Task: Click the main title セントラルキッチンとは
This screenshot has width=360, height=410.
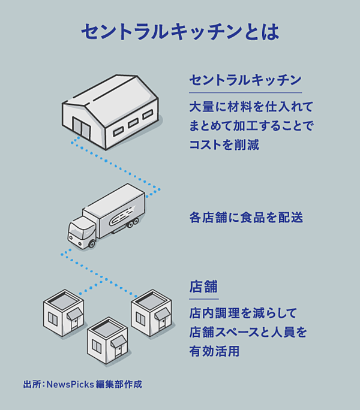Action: click(x=180, y=32)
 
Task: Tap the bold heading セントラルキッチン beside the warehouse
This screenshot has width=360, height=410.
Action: click(x=245, y=80)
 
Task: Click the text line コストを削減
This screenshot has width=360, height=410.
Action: click(x=224, y=145)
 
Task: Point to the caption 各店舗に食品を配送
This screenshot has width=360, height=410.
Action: click(x=245, y=218)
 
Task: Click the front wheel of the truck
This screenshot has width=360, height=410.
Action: click(x=91, y=244)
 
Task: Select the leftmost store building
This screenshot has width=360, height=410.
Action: click(x=63, y=315)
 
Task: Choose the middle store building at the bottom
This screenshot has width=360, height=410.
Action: click(x=107, y=342)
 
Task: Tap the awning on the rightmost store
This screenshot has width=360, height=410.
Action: click(x=162, y=313)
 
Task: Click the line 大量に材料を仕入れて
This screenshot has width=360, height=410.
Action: click(x=251, y=107)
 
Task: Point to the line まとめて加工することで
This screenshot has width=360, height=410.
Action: click(x=251, y=126)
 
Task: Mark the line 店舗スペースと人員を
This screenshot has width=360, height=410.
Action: click(x=248, y=331)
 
